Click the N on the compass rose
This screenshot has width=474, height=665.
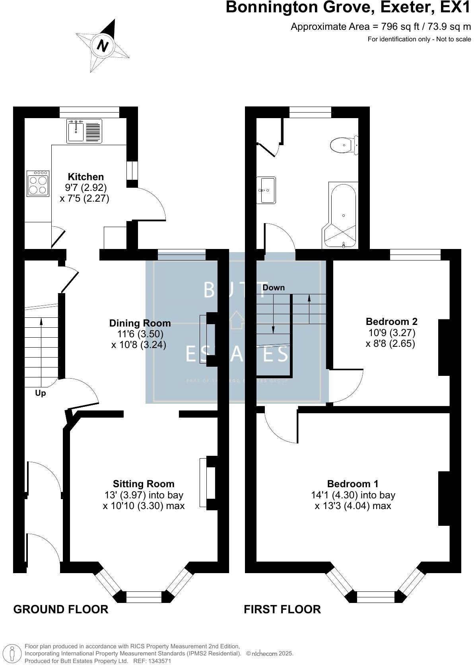[x=103, y=46]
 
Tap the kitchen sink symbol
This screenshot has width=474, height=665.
[x=76, y=131]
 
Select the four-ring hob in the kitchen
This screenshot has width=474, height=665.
[x=38, y=183]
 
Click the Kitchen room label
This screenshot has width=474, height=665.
[x=85, y=177]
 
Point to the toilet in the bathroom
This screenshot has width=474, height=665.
[x=344, y=145]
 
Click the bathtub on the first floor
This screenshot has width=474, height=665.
[x=342, y=215]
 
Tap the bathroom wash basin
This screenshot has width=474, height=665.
[x=267, y=190]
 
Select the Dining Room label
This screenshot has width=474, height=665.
[x=140, y=323]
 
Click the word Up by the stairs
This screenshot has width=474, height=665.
[x=41, y=393]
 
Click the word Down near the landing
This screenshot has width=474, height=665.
[x=274, y=287]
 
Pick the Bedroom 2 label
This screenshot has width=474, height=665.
[x=391, y=321]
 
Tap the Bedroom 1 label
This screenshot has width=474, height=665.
[x=353, y=484]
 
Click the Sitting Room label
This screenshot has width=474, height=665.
[x=144, y=484]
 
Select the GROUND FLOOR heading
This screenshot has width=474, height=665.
[x=61, y=609]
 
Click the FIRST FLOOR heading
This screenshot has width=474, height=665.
[x=282, y=609]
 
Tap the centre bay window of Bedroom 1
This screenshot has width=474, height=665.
[x=376, y=597]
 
